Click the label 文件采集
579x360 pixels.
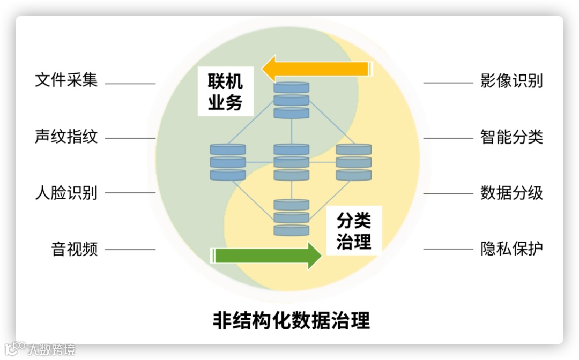click(x=66, y=80)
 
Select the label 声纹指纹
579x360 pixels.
click(x=66, y=137)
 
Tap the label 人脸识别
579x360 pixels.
click(x=66, y=193)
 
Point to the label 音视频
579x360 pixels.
click(x=75, y=249)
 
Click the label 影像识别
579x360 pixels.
click(x=511, y=80)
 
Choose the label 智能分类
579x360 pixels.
click(x=511, y=137)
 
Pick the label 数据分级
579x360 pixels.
click(x=511, y=193)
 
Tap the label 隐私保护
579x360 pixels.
click(x=511, y=249)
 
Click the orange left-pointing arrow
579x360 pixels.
click(x=316, y=69)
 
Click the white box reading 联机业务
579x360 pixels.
click(x=225, y=92)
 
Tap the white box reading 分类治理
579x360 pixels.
click(x=354, y=230)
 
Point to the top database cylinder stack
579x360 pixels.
click(x=292, y=100)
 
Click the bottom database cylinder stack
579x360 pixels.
click(x=292, y=217)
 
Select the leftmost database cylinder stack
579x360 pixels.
click(x=228, y=162)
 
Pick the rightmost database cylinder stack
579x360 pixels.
click(x=354, y=162)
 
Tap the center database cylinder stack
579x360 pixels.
click(x=292, y=162)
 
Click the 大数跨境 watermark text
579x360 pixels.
click(x=51, y=350)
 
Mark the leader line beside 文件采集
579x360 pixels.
click(x=130, y=84)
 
